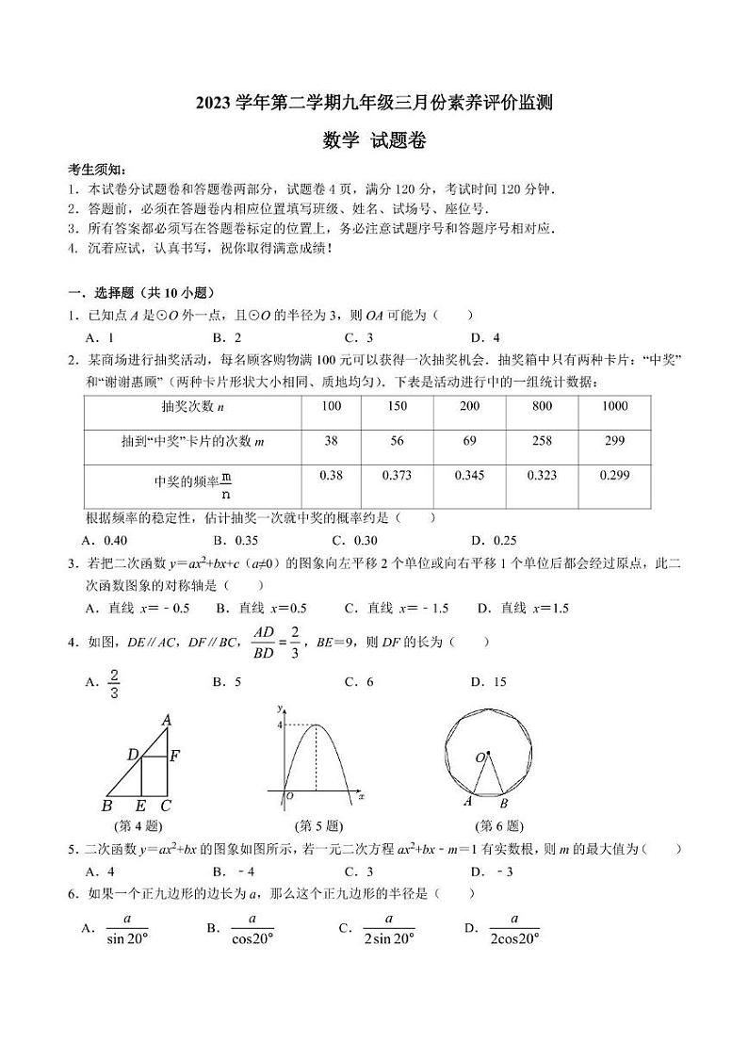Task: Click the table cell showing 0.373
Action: point(397,476)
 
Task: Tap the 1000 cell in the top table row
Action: point(614,405)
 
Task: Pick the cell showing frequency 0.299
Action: point(614,476)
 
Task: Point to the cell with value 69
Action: point(468,440)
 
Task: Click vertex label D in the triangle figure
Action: point(133,754)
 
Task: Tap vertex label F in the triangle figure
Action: point(174,755)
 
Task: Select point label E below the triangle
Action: point(140,806)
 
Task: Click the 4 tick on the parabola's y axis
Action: point(279,725)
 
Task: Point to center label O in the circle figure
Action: point(480,757)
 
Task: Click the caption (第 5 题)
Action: point(318,826)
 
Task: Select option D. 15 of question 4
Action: point(489,682)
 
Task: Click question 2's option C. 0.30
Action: point(355,540)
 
